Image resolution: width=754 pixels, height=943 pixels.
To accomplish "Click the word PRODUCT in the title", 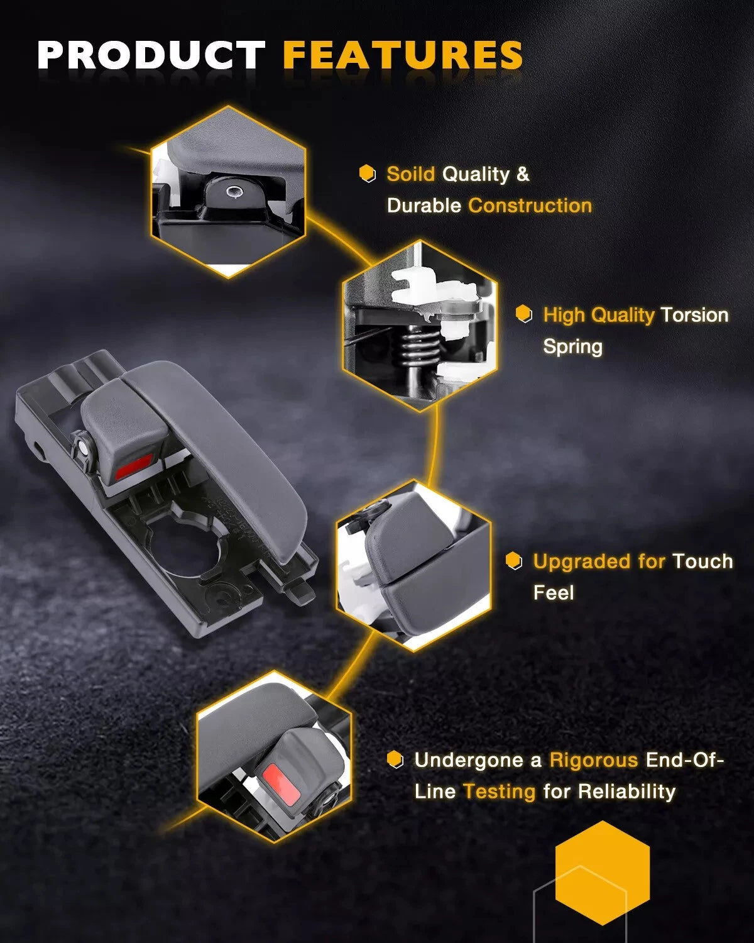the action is pos(151,55).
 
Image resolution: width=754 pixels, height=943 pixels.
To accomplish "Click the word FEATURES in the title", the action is pos(403,55).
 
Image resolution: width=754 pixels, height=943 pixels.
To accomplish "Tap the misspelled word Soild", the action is pos(410,174).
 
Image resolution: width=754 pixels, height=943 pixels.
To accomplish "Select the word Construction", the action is pos(530,206).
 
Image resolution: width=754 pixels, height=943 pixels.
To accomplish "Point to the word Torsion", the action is pos(694,314).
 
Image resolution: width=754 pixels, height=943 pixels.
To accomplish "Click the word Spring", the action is pos(572,347).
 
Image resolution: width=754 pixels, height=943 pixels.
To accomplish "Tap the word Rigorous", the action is pos(594,760).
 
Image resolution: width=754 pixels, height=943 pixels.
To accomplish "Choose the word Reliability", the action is pos(626,791).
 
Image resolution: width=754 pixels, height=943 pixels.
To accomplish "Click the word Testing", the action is pos(500,792).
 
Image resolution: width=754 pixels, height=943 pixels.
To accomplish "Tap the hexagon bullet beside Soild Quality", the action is pos(368,174).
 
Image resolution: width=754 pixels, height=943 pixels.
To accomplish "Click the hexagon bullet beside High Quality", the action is pos(523,314).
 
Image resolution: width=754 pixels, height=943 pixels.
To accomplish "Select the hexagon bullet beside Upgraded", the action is pos(513,561).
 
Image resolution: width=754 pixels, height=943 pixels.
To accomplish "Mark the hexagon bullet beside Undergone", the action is pos(395,759).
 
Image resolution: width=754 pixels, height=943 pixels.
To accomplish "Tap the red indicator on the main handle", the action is pos(133,466).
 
